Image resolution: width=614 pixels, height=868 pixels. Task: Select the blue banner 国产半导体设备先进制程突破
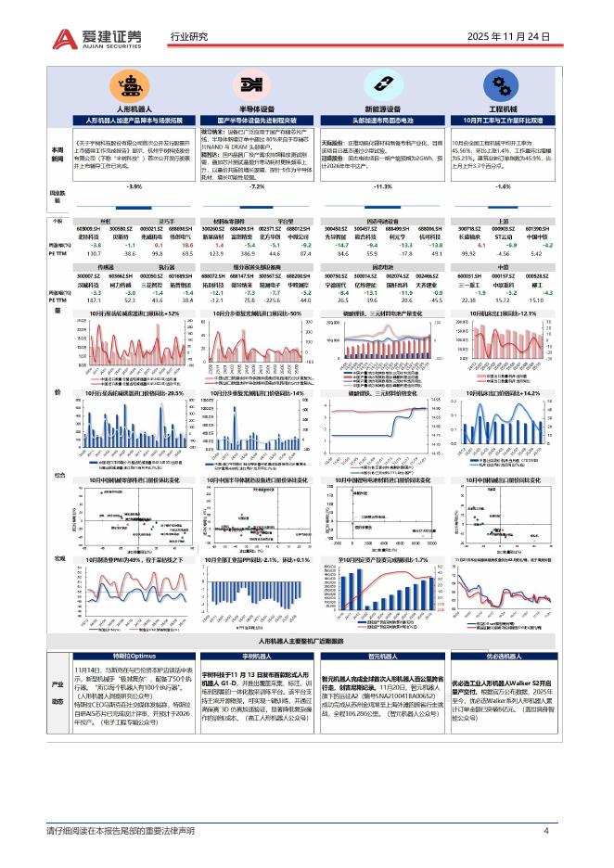(251, 121)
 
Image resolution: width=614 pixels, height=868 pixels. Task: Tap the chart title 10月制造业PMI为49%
(129, 561)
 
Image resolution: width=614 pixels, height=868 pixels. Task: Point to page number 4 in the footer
(545, 831)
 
